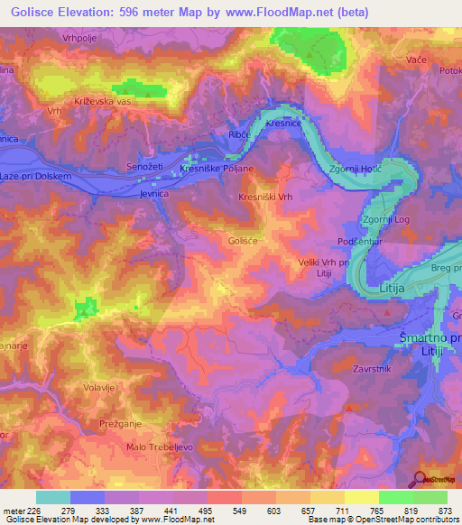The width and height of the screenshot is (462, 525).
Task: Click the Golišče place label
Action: (245, 241)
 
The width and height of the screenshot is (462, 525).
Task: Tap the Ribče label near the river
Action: (239, 134)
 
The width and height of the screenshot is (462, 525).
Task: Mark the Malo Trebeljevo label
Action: (160, 447)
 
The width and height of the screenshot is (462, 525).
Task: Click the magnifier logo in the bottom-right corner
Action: (421, 478)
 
